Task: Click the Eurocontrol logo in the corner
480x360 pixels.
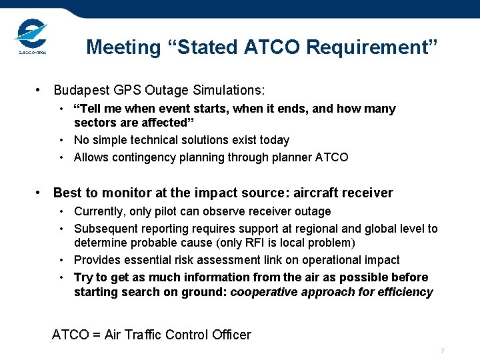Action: (x=31, y=36)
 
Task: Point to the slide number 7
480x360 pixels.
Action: (x=442, y=351)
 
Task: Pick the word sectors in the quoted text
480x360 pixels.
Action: (x=94, y=123)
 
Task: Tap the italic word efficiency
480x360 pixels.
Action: (x=406, y=292)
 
